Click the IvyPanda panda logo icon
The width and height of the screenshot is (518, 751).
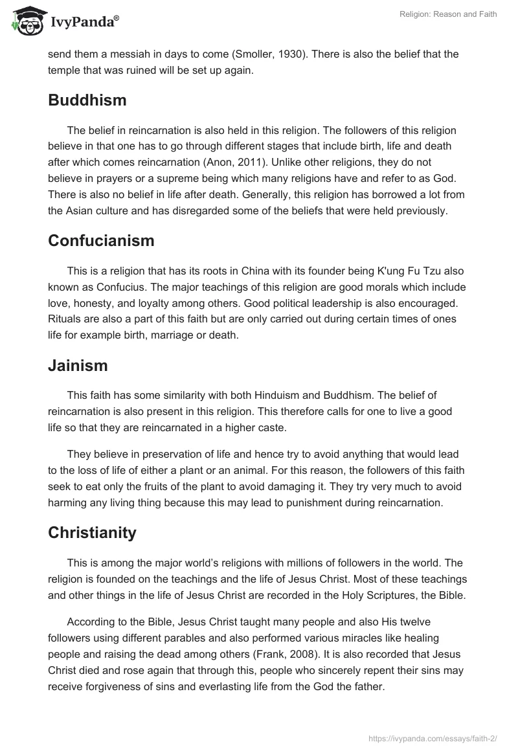pyautogui.click(x=25, y=20)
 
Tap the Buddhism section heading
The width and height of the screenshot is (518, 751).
pyautogui.click(x=87, y=100)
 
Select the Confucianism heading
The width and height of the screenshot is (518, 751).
pyautogui.click(x=101, y=241)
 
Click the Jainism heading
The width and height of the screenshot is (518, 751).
pyautogui.click(x=78, y=366)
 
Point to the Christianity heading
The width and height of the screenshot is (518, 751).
pyautogui.click(x=92, y=533)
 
